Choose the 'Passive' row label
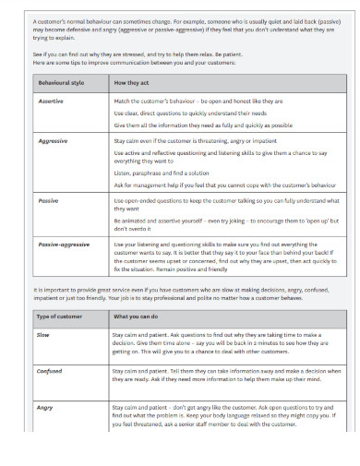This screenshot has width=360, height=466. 48,200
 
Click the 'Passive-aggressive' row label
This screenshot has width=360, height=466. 63,245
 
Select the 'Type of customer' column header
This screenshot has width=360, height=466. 57,315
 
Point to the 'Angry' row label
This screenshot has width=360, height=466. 45,407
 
